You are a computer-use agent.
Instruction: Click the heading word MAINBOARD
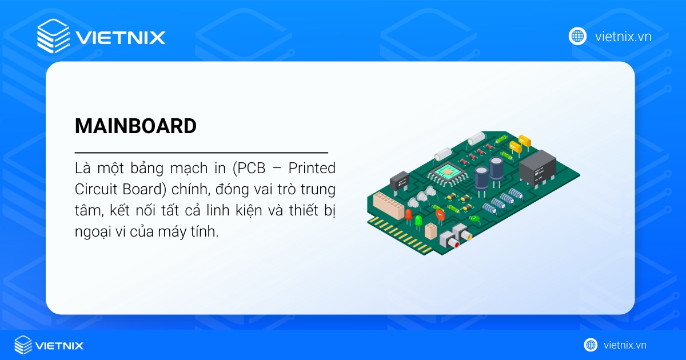[135, 126]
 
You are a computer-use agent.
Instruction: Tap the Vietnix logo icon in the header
[53, 36]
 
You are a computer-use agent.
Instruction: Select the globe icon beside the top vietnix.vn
[577, 36]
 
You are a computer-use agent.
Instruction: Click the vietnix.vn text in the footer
[624, 345]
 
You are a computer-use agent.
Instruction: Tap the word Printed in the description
[312, 169]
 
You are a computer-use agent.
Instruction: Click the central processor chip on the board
[445, 171]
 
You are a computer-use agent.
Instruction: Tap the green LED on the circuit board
[418, 220]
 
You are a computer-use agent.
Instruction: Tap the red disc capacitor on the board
[439, 214]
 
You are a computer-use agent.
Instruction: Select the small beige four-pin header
[431, 231]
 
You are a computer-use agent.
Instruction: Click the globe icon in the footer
[591, 345]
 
